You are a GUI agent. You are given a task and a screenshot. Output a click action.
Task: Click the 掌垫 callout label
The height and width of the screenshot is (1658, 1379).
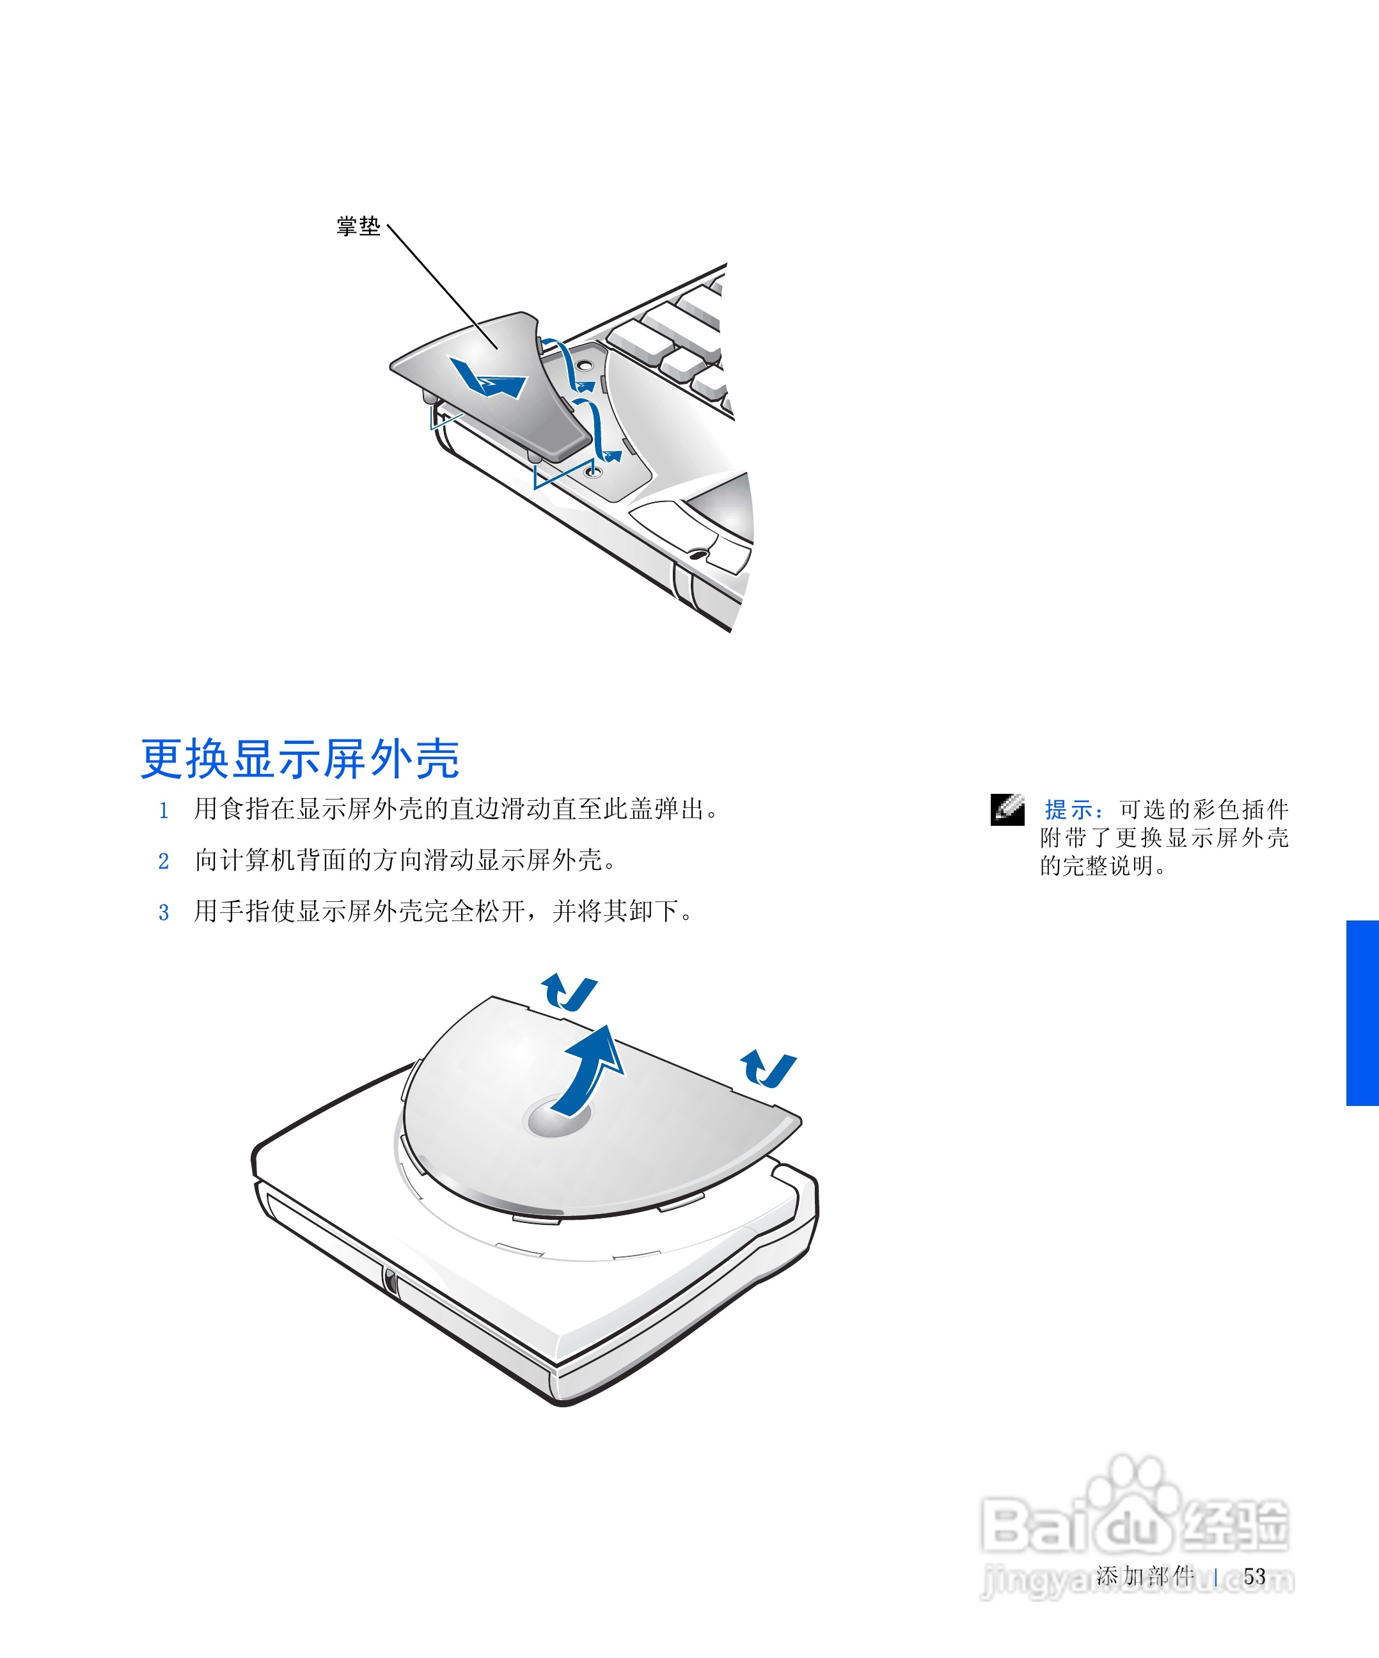[358, 226]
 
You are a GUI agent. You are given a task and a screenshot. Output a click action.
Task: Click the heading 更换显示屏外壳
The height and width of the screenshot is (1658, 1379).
[299, 759]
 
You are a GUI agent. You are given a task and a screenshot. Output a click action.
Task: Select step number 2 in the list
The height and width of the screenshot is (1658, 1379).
[163, 862]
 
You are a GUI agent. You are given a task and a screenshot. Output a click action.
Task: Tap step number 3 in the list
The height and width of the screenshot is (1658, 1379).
[163, 913]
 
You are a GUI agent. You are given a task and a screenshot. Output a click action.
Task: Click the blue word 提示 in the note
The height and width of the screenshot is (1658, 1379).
[1069, 809]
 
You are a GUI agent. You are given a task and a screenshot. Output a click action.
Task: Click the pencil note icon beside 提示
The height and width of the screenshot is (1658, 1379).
[1007, 809]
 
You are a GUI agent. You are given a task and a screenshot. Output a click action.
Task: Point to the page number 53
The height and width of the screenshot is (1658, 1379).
[1254, 1577]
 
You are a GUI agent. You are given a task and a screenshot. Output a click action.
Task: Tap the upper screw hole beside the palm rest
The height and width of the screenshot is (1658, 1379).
[584, 365]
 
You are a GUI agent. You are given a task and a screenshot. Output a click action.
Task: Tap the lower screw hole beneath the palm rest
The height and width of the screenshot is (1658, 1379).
[594, 471]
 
